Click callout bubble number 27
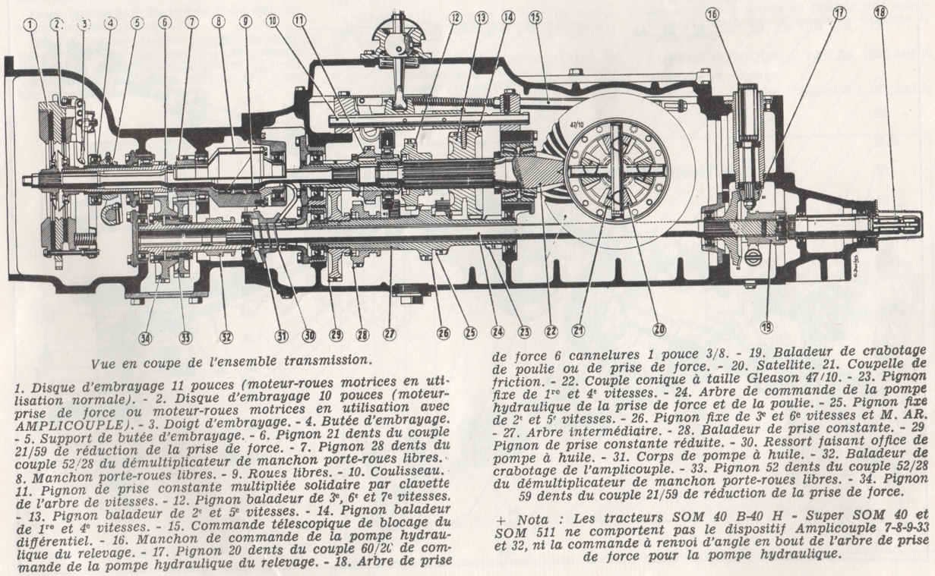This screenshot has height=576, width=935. coord(389,334)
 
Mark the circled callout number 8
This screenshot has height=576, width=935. coord(219,23)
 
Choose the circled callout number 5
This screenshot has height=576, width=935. coord(137,23)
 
